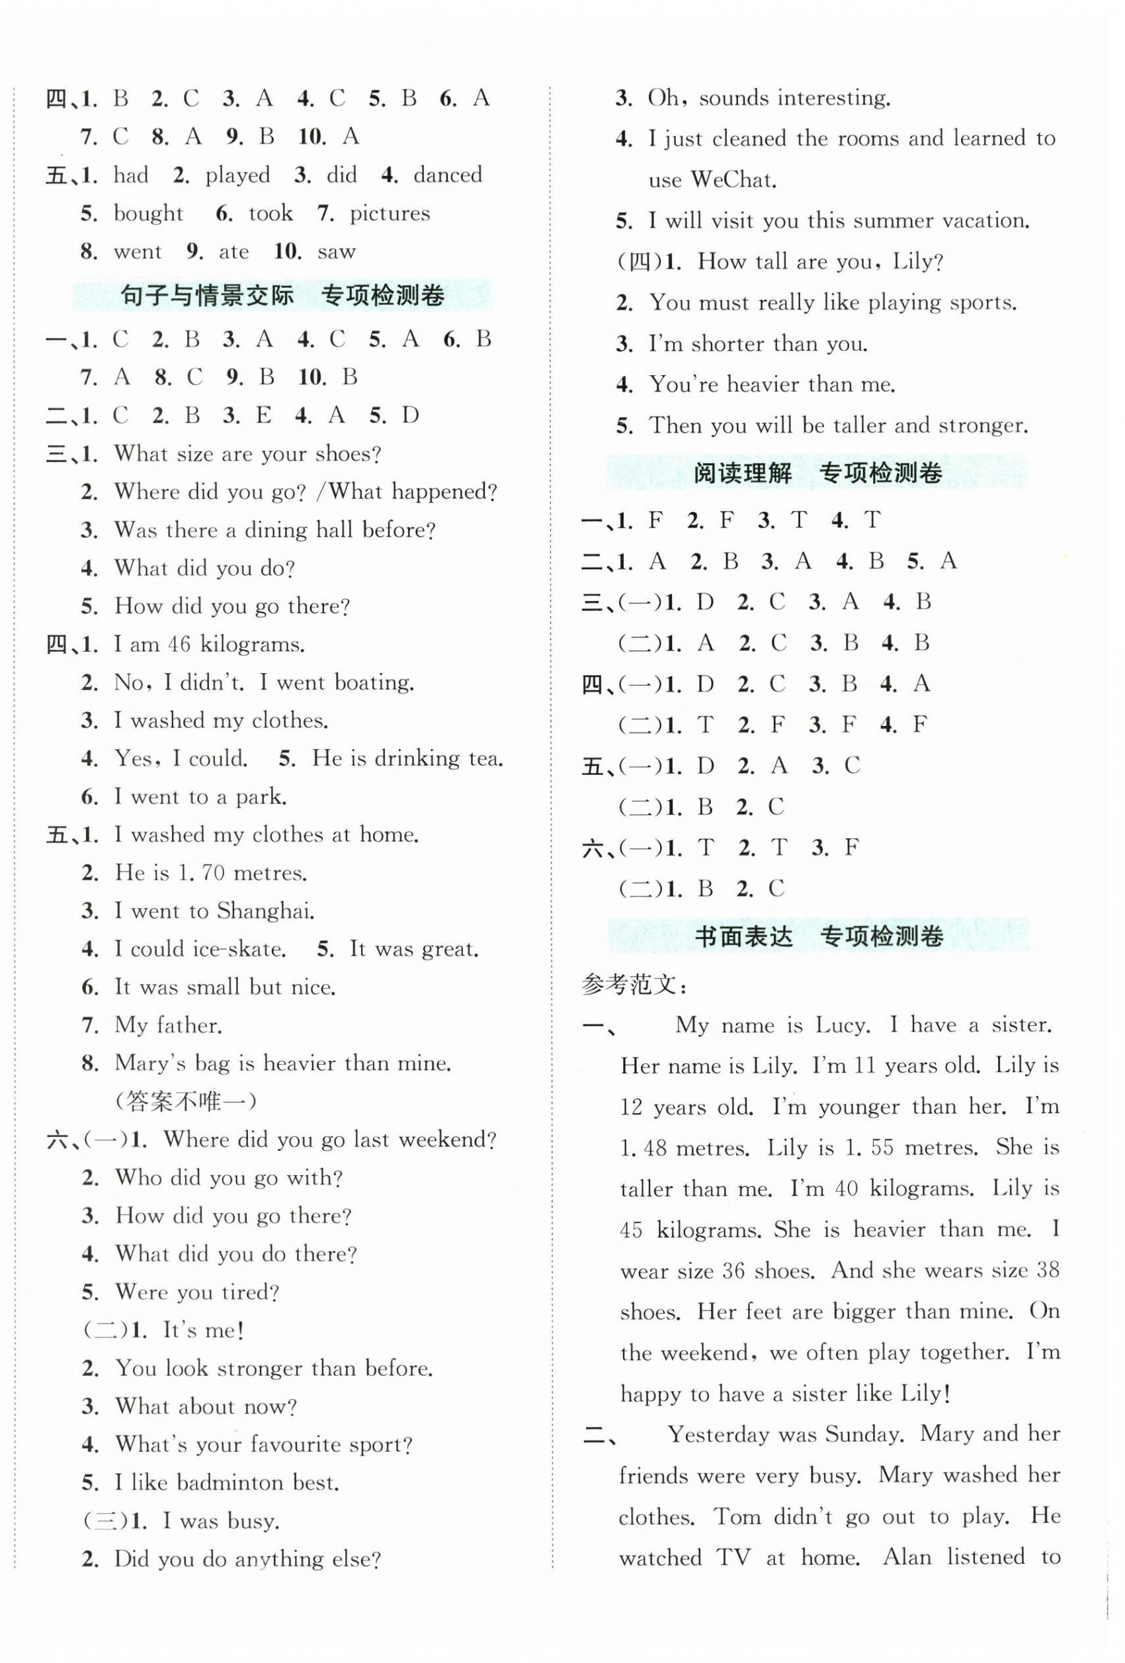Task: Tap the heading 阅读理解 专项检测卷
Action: point(817,472)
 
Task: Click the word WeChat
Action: point(732,179)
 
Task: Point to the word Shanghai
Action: point(265,911)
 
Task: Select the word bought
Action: point(148,213)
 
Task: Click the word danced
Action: point(447,175)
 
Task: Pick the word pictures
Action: point(389,213)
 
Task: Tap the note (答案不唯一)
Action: point(185,1101)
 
